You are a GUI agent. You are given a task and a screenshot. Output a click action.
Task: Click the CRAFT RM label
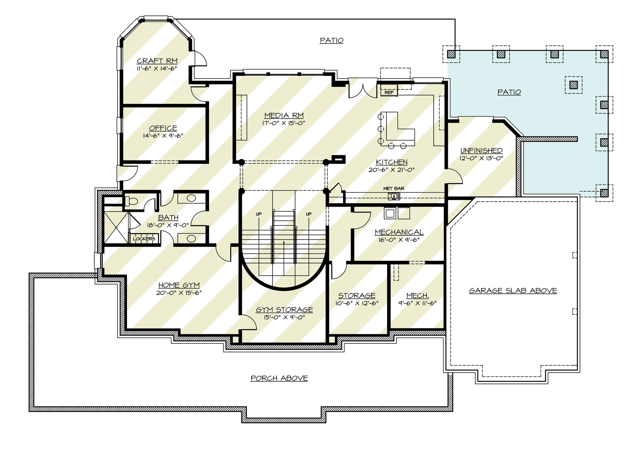click(157, 61)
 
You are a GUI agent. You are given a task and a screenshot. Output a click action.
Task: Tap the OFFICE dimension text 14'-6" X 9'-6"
click(163, 136)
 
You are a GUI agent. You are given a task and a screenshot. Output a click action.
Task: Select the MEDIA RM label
click(284, 115)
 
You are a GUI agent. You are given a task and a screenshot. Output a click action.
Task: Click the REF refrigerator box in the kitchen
click(389, 92)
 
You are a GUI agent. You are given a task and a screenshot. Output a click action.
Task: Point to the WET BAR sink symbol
click(394, 196)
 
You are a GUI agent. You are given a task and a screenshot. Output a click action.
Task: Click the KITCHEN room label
click(392, 162)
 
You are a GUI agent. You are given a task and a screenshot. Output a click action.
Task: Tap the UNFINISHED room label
click(481, 150)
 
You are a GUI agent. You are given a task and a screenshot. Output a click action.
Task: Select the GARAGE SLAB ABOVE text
click(513, 290)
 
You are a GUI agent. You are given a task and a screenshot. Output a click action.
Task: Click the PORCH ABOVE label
click(279, 378)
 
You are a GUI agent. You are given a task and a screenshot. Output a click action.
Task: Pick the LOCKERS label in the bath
click(144, 239)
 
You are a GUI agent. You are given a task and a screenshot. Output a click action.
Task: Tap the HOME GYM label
click(179, 285)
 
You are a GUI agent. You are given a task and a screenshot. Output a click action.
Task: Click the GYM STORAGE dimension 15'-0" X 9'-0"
click(284, 317)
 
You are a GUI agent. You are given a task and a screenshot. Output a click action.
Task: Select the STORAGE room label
click(356, 295)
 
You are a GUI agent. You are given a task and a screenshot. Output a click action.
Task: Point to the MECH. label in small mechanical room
click(417, 295)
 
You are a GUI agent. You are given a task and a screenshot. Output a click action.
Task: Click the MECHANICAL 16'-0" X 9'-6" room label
click(399, 232)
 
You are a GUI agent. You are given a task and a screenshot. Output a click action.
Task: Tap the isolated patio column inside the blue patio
click(573, 85)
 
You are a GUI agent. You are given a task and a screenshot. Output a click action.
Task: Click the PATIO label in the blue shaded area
click(509, 92)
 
